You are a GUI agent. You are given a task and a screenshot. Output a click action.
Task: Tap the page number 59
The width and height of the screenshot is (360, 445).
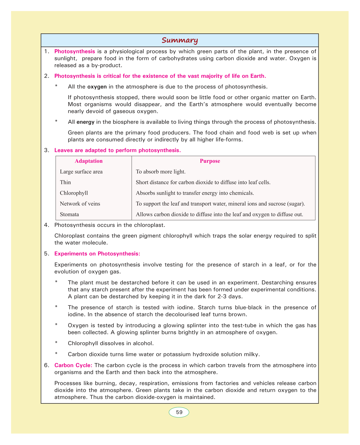(179, 412)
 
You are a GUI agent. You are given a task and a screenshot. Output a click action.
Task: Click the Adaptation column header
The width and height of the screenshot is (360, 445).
(89, 161)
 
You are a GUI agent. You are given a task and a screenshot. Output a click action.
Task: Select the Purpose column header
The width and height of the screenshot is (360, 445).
(210, 161)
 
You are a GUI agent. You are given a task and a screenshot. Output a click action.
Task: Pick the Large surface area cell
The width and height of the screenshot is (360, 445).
(81, 172)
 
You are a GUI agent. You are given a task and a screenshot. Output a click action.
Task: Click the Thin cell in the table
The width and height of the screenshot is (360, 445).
(65, 182)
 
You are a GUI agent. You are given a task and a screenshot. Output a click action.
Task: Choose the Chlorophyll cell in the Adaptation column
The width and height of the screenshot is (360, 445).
(74, 193)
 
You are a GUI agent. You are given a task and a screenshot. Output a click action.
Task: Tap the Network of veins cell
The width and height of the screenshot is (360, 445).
(80, 204)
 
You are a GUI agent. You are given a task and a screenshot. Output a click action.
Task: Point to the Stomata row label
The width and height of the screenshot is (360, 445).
(69, 214)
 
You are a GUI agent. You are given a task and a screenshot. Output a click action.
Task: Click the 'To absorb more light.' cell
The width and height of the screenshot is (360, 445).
(160, 172)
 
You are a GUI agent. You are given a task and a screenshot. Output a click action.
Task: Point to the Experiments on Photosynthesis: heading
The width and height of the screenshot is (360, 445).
(97, 254)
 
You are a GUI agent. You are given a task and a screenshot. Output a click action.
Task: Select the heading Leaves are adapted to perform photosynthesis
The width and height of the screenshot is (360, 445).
(118, 150)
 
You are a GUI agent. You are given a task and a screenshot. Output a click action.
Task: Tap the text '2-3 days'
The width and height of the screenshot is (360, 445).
(233, 296)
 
